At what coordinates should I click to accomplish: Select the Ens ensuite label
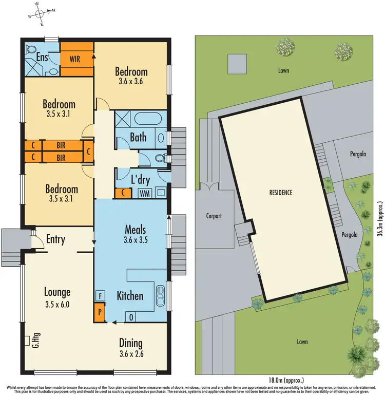[43, 57]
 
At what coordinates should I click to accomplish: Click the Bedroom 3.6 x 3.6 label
[131, 76]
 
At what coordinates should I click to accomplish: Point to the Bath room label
[138, 137]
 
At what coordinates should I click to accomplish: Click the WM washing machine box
[144, 193]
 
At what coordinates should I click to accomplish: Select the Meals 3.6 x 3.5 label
[136, 233]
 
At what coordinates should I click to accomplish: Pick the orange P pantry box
[99, 311]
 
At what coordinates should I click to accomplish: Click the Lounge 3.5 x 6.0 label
[57, 297]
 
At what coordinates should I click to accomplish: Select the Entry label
[55, 239]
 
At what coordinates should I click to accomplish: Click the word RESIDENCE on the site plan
[280, 193]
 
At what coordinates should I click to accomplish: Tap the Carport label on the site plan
[211, 216]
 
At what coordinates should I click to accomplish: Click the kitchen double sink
[160, 296]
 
